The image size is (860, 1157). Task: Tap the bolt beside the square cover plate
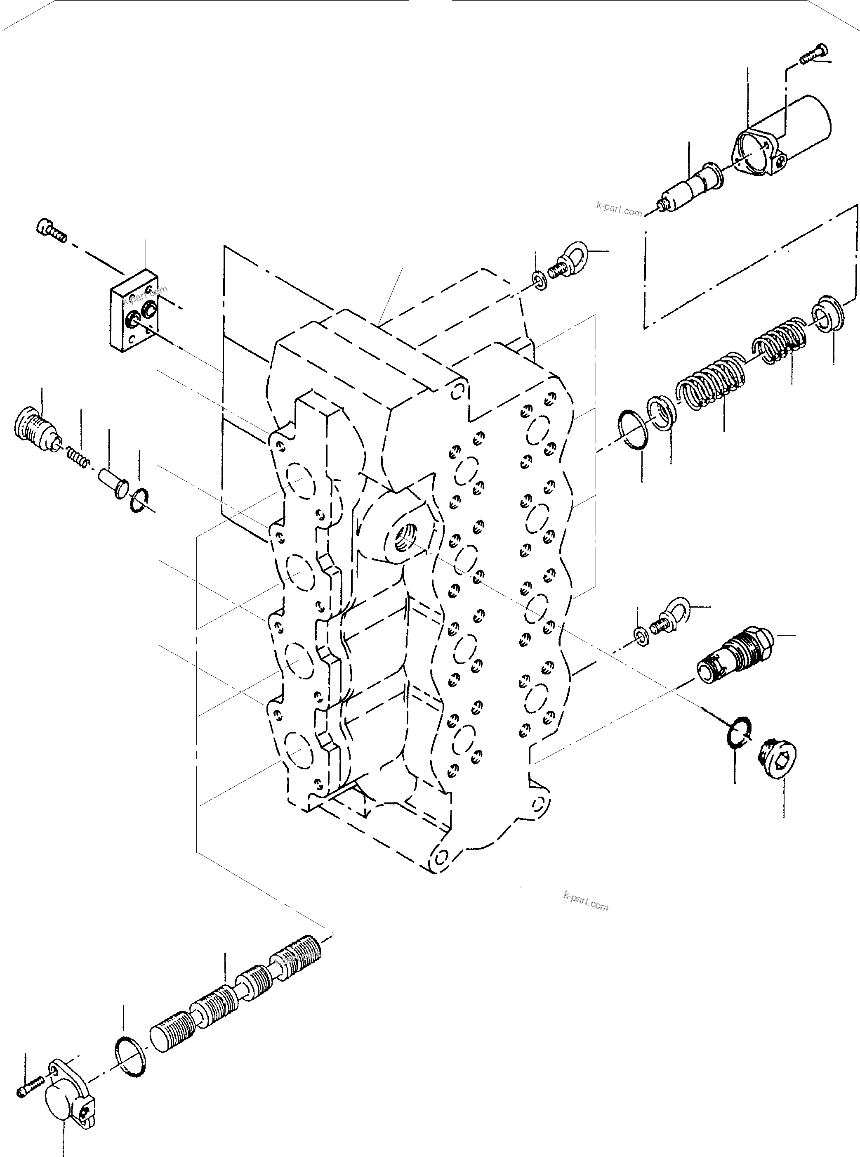(52, 231)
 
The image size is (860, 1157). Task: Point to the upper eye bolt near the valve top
(568, 259)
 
